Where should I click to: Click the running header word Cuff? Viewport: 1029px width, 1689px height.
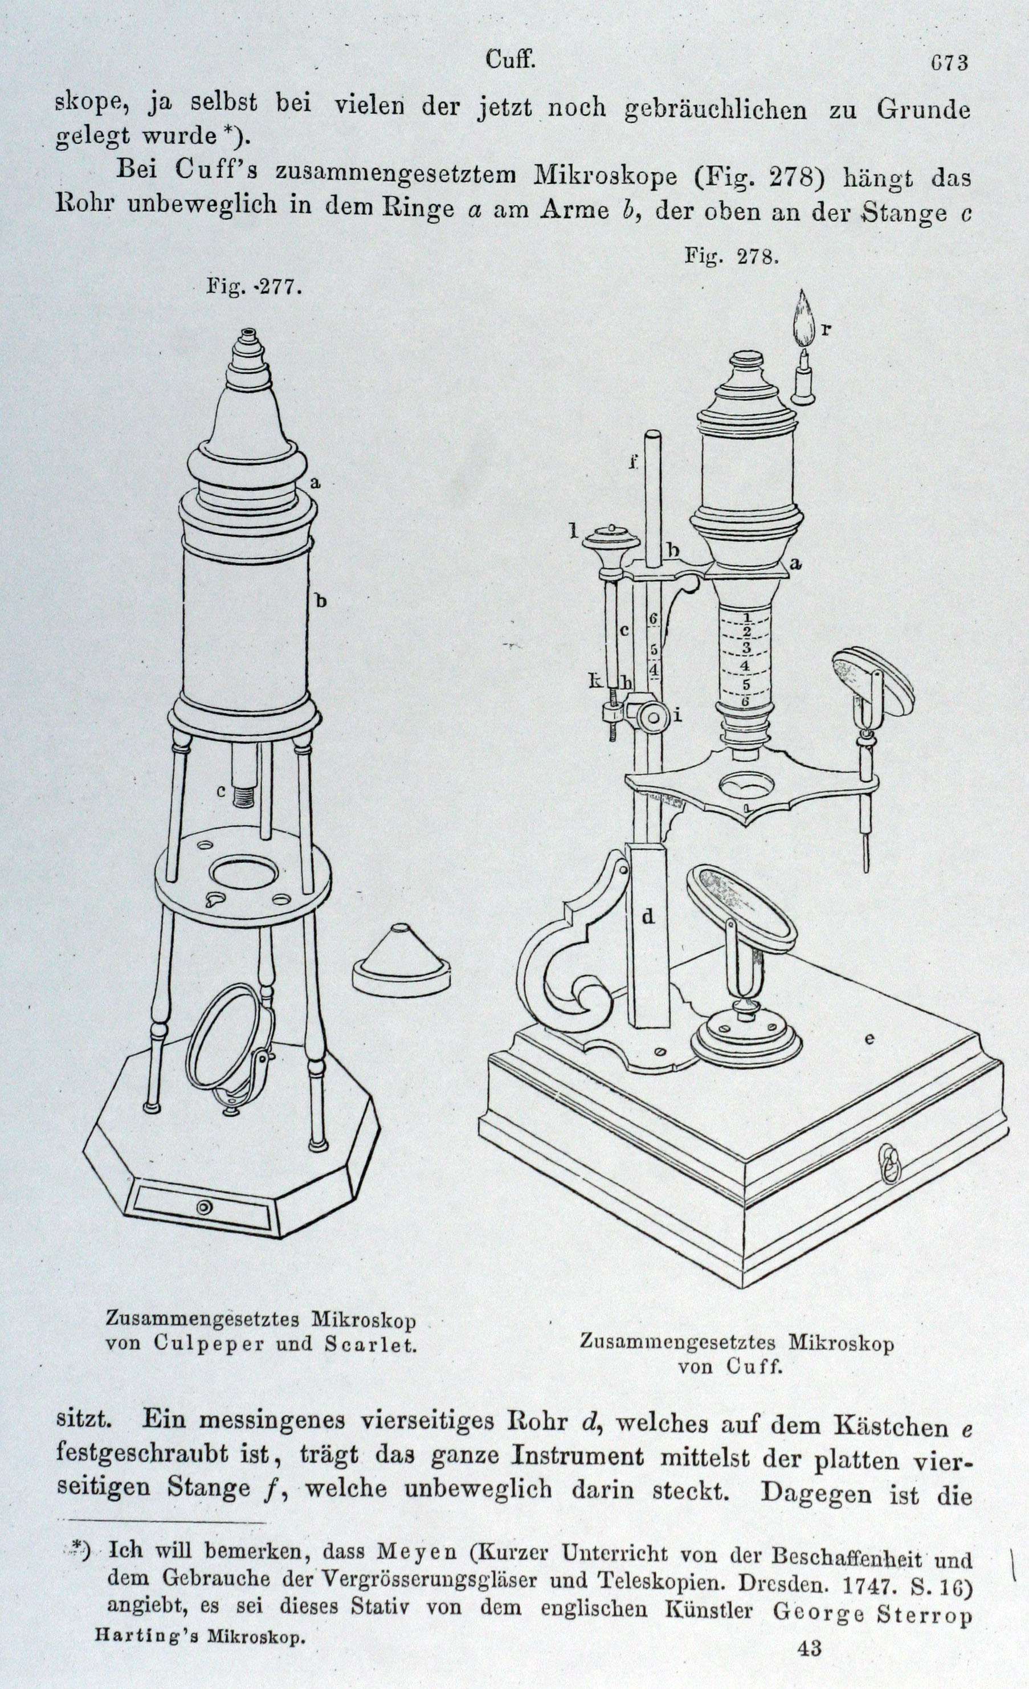[x=510, y=60]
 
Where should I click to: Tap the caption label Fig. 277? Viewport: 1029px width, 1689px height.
[x=254, y=287]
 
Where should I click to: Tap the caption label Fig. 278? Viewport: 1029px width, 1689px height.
[x=732, y=256]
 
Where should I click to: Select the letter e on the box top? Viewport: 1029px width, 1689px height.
[x=869, y=1039]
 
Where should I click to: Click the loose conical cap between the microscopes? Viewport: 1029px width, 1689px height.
[x=402, y=962]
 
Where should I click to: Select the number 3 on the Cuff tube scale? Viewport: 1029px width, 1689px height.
[x=746, y=647]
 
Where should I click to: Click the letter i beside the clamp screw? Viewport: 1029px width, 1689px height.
[x=677, y=717]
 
